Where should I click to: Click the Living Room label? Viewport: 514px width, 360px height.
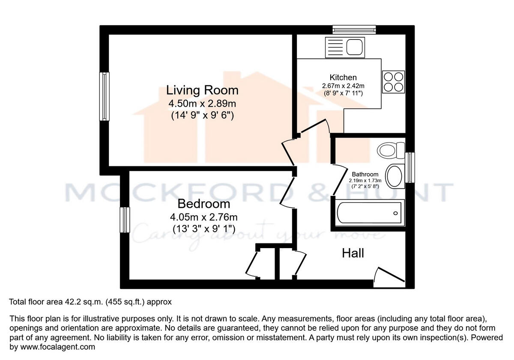pyautogui.click(x=202, y=90)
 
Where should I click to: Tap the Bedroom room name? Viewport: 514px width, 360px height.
pyautogui.click(x=204, y=204)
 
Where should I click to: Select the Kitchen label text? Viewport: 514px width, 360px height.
pyautogui.click(x=343, y=78)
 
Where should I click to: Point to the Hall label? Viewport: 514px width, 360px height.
pyautogui.click(x=353, y=253)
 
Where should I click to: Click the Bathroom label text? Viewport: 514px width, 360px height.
pyautogui.click(x=365, y=174)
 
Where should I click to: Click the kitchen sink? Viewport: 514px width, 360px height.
pyautogui.click(x=345, y=47)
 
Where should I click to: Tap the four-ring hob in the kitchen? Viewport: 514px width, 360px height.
pyautogui.click(x=393, y=81)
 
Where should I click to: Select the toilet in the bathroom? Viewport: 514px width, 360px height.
pyautogui.click(x=390, y=150)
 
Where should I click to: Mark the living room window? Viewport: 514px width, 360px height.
pyautogui.click(x=104, y=96)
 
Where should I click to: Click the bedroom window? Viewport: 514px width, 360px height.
pyautogui.click(x=125, y=219)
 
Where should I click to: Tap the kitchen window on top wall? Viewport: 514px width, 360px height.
pyautogui.click(x=354, y=30)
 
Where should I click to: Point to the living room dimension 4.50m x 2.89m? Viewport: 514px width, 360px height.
pyautogui.click(x=203, y=103)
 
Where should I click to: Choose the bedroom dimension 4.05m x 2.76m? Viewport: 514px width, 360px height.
pyautogui.click(x=204, y=216)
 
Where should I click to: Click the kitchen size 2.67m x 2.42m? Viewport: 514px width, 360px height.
pyautogui.click(x=343, y=86)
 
